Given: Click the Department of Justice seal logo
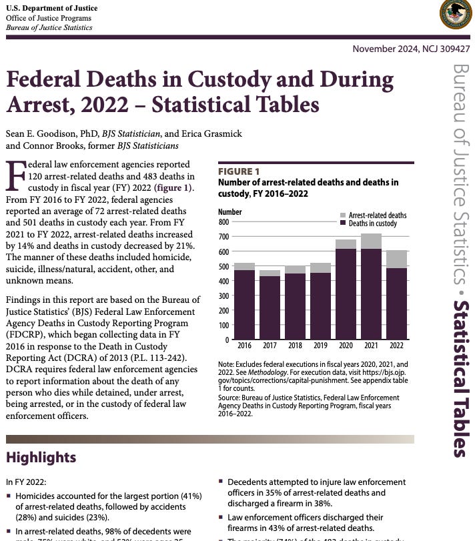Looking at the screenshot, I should click(x=455, y=14).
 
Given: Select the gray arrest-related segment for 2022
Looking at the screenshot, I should click(x=396, y=259).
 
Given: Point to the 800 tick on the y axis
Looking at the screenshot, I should click(x=224, y=222).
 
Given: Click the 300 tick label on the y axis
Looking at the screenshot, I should click(x=224, y=296).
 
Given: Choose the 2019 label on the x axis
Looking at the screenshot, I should click(x=320, y=346).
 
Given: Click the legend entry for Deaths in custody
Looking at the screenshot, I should click(x=372, y=223).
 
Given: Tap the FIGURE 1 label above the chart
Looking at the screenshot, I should click(x=235, y=171).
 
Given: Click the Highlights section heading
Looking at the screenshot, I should click(x=41, y=457).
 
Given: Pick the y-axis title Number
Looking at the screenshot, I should click(x=230, y=212).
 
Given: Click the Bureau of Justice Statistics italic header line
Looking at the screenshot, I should click(x=49, y=27).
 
